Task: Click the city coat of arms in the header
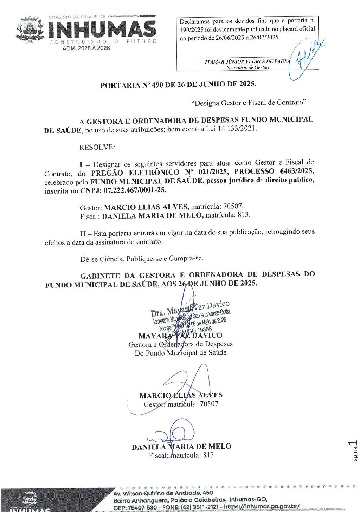(x=30, y=30)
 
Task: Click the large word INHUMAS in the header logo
(x=102, y=30)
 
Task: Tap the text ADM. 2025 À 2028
(x=86, y=48)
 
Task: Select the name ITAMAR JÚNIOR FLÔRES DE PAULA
(x=247, y=61)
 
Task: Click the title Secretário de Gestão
(x=247, y=67)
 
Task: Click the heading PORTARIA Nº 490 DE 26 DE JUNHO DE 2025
(x=178, y=85)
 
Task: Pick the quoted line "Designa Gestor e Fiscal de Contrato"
(x=249, y=103)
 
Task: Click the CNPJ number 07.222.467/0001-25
(x=135, y=190)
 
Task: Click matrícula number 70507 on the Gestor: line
(x=233, y=206)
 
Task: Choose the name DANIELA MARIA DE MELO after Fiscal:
(x=152, y=215)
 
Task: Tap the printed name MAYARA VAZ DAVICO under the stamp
(x=180, y=336)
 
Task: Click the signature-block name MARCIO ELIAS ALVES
(x=181, y=395)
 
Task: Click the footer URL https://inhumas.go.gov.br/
(x=262, y=507)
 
